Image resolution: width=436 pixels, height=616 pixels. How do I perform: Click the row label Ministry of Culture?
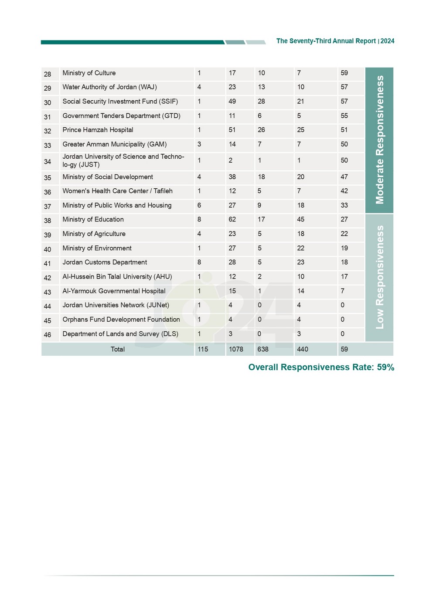[x=89, y=73]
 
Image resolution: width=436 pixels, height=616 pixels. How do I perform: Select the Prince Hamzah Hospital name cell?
[x=98, y=130]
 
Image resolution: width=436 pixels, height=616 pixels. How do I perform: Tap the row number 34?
[x=48, y=161]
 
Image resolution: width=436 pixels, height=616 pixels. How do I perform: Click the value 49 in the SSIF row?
[x=232, y=102]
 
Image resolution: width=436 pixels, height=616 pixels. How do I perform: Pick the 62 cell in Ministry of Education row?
[x=232, y=220]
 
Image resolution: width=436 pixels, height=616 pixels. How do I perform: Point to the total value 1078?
[x=236, y=349]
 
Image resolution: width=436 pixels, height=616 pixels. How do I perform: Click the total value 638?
[x=263, y=349]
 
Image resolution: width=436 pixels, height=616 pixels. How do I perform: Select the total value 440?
[x=303, y=349]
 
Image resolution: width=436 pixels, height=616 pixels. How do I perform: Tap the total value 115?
[x=203, y=349]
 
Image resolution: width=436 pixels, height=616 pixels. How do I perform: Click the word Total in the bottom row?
[x=118, y=349]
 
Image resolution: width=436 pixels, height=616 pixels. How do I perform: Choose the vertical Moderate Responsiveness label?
[x=380, y=140]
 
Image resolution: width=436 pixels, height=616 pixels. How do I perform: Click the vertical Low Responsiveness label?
[x=380, y=277]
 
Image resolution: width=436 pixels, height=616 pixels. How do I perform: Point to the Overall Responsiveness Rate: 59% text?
[x=321, y=368]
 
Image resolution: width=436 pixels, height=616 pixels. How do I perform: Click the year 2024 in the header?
[x=387, y=41]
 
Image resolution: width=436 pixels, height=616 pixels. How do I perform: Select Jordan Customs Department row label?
[x=105, y=262]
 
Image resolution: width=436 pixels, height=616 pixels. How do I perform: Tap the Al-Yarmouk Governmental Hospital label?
[x=114, y=291]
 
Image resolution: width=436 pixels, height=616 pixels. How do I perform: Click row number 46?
[x=48, y=335]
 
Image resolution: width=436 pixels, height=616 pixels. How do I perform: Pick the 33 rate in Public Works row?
[x=344, y=205]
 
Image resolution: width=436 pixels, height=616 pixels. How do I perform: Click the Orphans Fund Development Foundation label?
[x=121, y=320]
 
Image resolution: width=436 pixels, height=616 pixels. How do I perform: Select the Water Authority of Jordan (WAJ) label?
[x=109, y=87]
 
